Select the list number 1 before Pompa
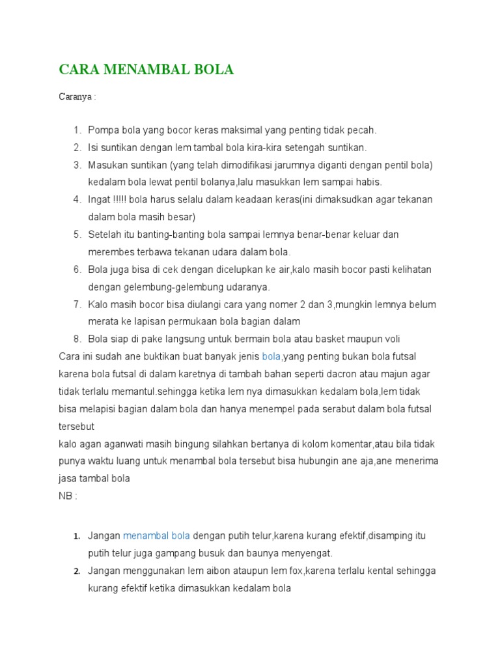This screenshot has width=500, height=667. (x=77, y=130)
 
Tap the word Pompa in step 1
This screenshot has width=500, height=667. (x=102, y=130)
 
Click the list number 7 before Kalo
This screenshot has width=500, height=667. (x=77, y=304)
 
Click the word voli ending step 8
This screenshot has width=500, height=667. (x=391, y=339)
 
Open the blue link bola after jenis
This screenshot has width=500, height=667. (x=271, y=356)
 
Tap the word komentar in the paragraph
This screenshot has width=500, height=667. (x=348, y=444)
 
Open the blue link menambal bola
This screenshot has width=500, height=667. (x=156, y=536)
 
